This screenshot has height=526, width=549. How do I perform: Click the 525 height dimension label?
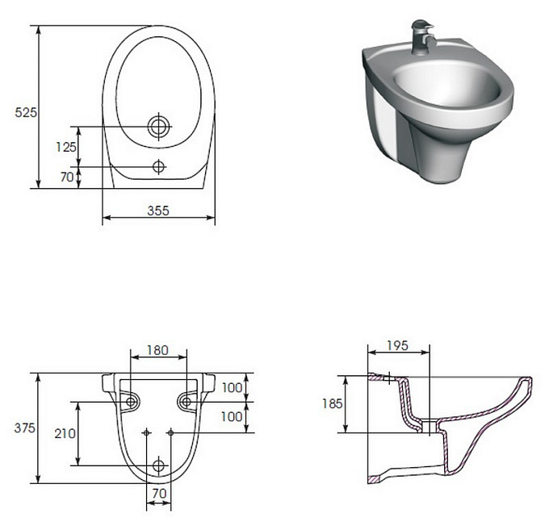[26, 112]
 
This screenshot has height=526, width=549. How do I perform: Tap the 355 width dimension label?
[158, 211]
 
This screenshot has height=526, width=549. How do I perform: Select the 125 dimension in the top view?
[66, 147]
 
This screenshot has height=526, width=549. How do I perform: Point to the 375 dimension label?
[25, 428]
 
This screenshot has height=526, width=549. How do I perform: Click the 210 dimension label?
[65, 434]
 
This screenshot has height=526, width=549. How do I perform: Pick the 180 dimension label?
[158, 350]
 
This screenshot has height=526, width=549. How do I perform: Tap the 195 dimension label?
[398, 346]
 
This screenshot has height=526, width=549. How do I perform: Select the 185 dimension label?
[332, 404]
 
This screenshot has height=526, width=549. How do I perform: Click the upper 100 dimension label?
[233, 388]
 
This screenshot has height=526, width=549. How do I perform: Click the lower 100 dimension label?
[232, 417]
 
